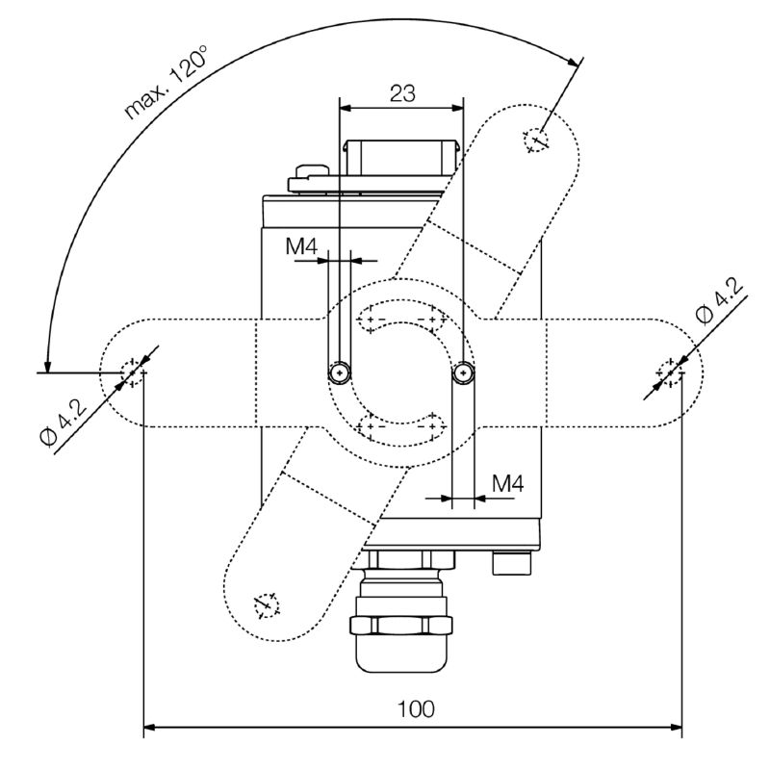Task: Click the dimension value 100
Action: click(416, 709)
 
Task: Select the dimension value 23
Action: click(402, 93)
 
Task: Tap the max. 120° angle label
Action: click(166, 83)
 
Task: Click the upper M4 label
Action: click(301, 246)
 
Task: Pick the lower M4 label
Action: click(508, 484)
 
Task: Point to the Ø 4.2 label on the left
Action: click(64, 422)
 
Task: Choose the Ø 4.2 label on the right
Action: click(720, 300)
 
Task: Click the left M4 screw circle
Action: click(340, 372)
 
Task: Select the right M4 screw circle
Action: click(463, 372)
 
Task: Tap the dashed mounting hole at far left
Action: click(132, 373)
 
